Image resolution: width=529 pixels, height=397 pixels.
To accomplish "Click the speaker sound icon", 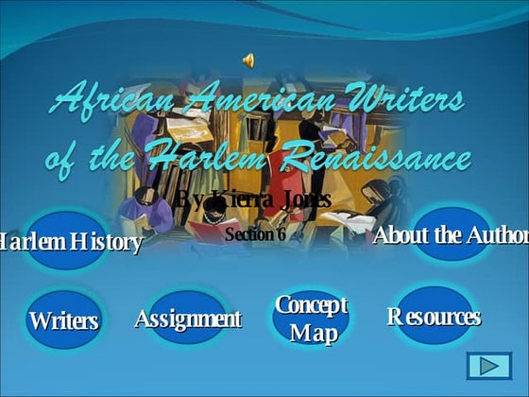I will pos(248,60).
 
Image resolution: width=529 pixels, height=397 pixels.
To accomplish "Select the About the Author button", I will pos(451,234).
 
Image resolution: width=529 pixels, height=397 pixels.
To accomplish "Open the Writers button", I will pos(63,319).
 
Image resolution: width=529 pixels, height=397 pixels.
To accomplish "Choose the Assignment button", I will pos(188,318).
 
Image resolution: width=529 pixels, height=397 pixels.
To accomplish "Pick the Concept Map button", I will pos(311,319).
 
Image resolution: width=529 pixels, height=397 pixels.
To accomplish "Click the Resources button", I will pos(434,316).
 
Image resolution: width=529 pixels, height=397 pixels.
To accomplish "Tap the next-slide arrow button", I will pos(488,366).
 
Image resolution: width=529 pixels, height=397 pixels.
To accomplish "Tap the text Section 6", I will pos(255,233).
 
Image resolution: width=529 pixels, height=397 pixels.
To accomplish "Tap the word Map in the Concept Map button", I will pos(312,333).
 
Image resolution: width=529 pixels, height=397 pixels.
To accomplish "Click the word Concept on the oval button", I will pos(311,305).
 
